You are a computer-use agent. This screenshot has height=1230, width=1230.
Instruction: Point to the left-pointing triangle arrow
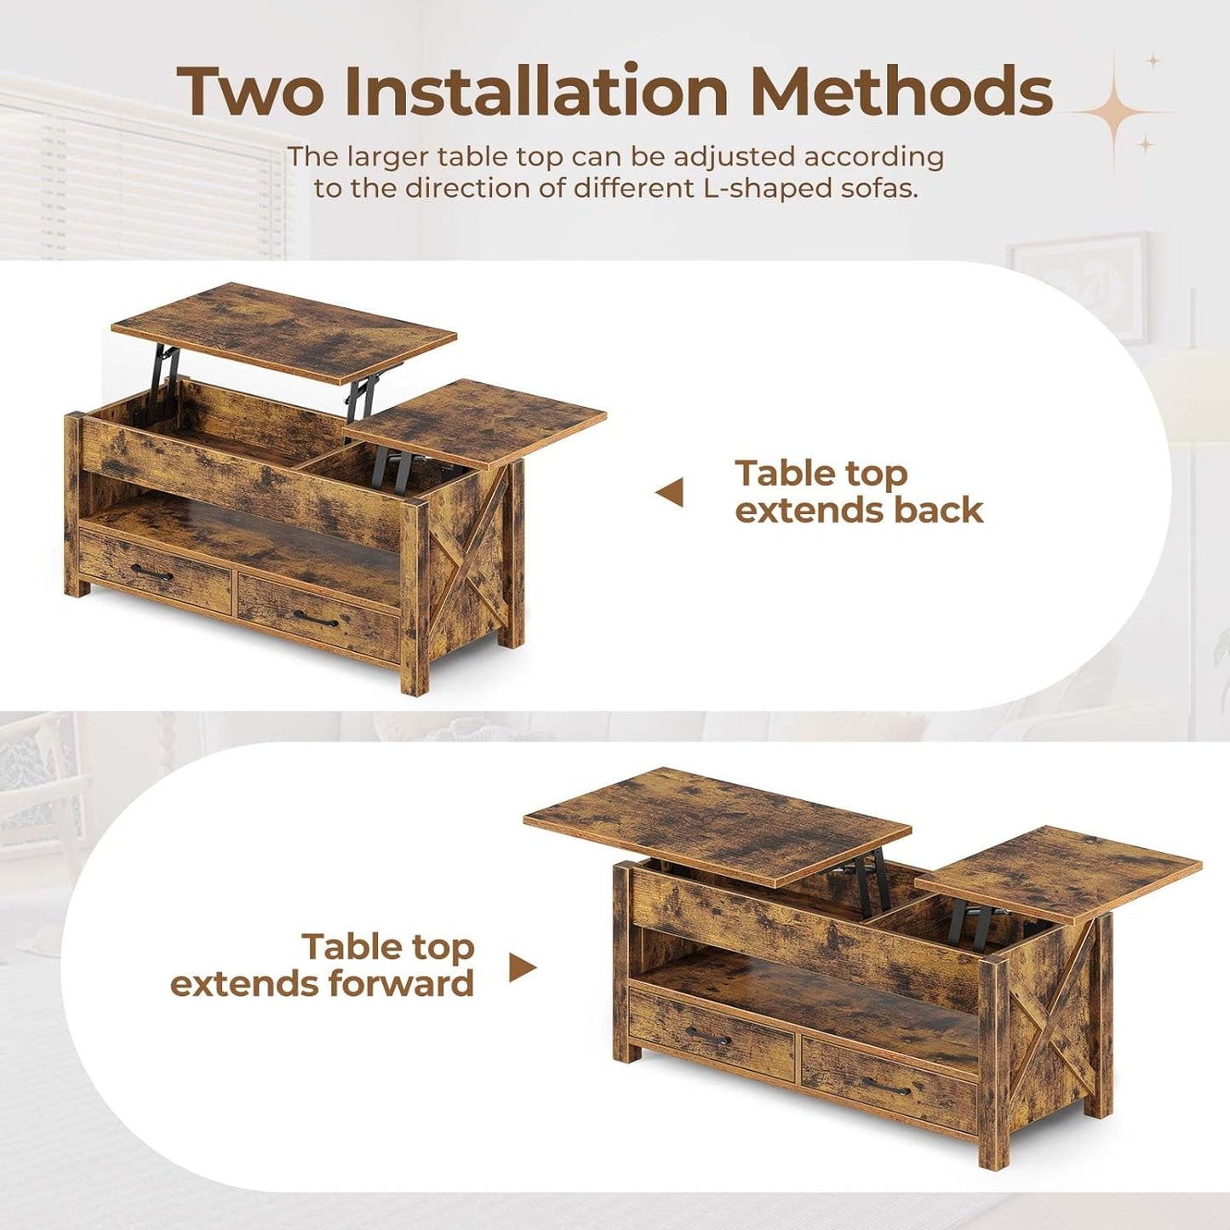tap(670, 492)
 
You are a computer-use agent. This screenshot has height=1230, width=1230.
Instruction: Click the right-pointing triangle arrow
tap(523, 967)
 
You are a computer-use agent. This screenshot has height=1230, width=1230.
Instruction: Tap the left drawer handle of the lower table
tap(708, 1037)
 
